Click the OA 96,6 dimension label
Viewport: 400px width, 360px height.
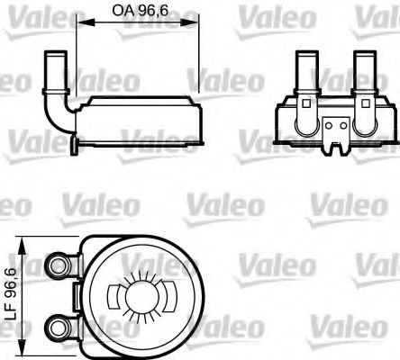[132, 11]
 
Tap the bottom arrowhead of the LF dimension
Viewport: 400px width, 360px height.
[30, 337]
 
